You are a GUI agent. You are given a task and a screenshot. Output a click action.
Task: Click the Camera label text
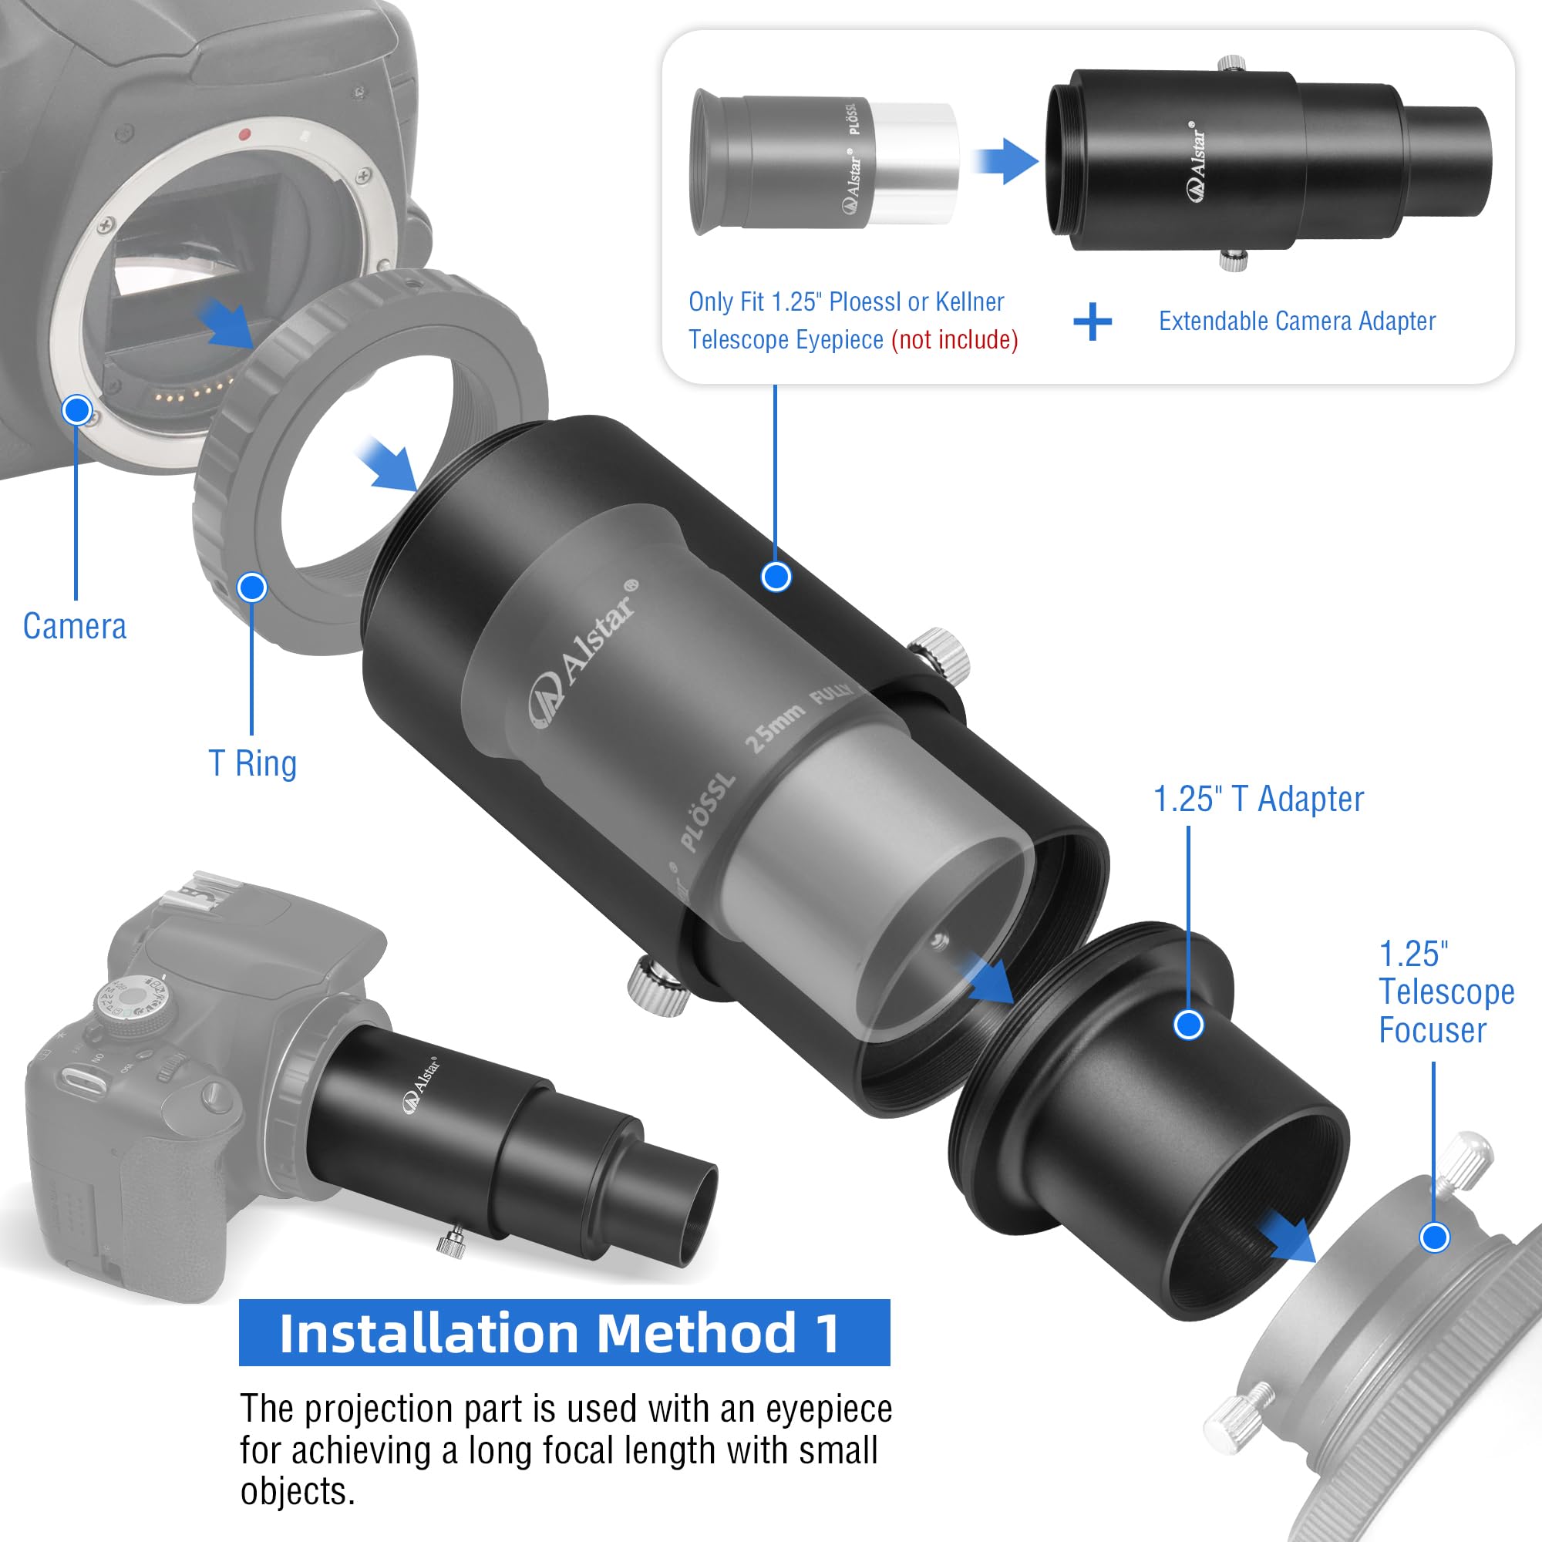pyautogui.click(x=74, y=627)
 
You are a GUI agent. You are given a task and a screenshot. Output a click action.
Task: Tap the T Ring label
pyautogui.click(x=252, y=764)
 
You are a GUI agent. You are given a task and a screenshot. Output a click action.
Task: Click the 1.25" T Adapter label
pyautogui.click(x=1259, y=799)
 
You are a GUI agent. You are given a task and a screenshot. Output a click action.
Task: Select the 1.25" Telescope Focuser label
pyautogui.click(x=1446, y=992)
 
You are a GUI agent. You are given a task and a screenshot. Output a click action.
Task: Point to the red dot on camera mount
pyautogui.click(x=246, y=134)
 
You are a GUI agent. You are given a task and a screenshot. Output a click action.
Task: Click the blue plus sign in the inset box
pyautogui.click(x=1092, y=322)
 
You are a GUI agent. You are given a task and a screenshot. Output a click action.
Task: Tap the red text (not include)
pyautogui.click(x=954, y=340)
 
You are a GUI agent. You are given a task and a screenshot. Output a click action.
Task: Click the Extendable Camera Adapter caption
pyautogui.click(x=1297, y=321)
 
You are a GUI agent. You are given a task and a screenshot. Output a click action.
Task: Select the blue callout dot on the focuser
pyautogui.click(x=1434, y=1237)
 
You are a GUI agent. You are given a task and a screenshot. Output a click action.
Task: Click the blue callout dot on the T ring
pyautogui.click(x=252, y=588)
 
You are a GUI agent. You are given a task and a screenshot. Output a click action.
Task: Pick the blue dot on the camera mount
pyautogui.click(x=76, y=410)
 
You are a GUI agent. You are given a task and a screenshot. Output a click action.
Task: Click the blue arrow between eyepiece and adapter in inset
pyautogui.click(x=1005, y=160)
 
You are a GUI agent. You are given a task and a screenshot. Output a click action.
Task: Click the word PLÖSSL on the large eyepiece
pyautogui.click(x=706, y=811)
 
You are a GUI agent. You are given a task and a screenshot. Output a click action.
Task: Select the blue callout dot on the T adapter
pyautogui.click(x=1188, y=1024)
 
